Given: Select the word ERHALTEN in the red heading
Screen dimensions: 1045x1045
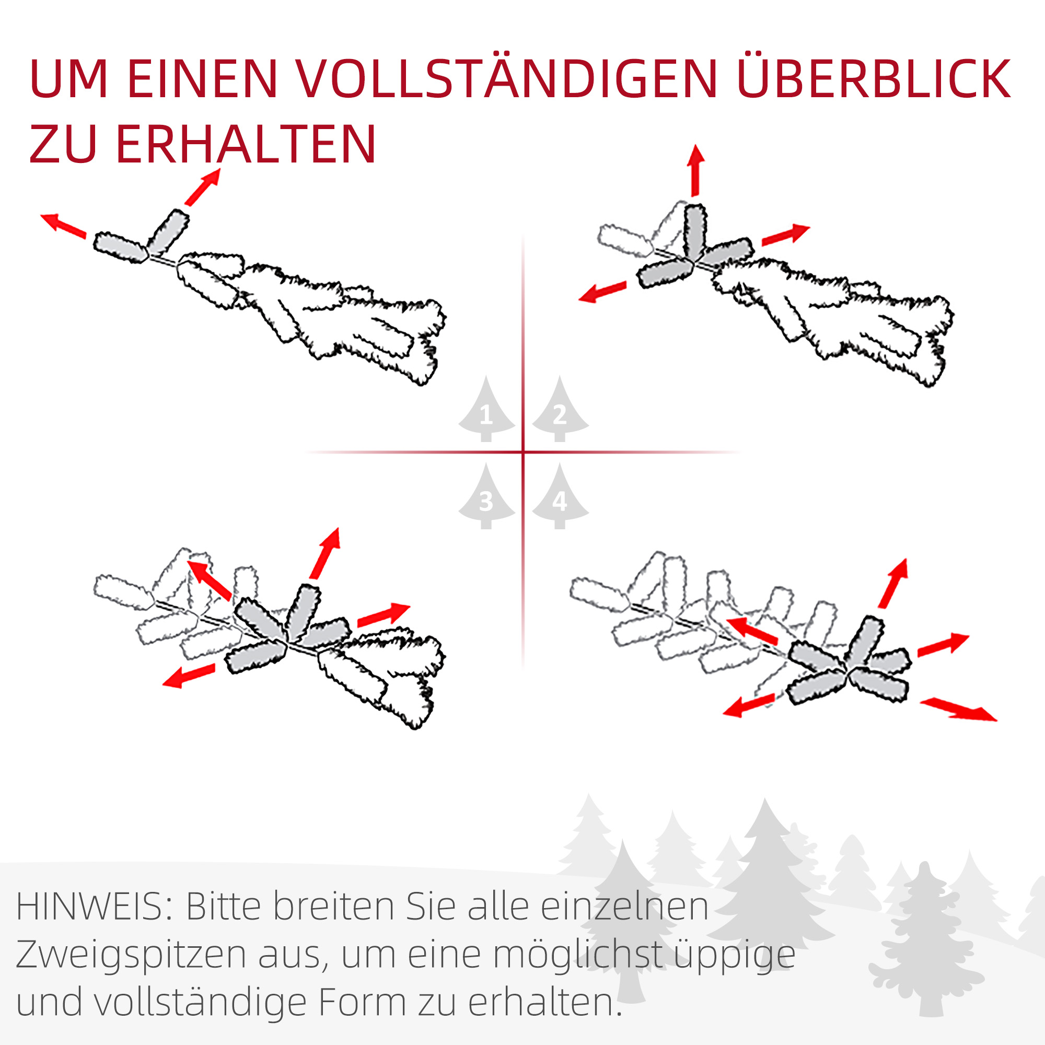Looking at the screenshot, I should [x=246, y=144].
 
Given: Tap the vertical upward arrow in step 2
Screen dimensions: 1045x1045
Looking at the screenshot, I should [x=695, y=170].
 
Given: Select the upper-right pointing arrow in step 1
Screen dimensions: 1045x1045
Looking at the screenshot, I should [x=203, y=187].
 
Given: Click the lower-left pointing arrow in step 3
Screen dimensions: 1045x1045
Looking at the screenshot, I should [x=189, y=676].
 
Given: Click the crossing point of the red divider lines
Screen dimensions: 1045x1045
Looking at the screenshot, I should [x=523, y=451].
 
